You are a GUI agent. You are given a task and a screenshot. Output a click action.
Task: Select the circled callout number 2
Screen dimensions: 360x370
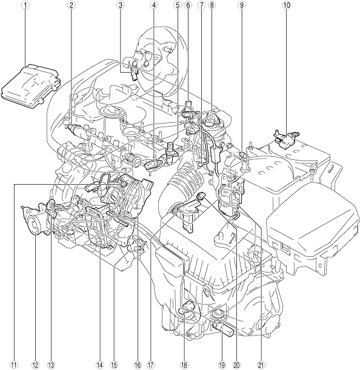[x=70, y=5]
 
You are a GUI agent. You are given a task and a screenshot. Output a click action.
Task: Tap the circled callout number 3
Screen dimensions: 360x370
[x=120, y=5]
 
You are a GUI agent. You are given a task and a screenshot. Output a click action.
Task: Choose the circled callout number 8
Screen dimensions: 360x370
[x=211, y=5]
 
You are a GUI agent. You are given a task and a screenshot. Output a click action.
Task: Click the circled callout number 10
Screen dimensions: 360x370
[x=286, y=5]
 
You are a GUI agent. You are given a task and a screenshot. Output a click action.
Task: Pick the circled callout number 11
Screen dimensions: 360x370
[x=15, y=365]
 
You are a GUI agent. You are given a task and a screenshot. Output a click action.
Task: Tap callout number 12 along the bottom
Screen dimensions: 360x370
[x=35, y=365]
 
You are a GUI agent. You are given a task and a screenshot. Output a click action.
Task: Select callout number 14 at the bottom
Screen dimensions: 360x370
[x=100, y=365]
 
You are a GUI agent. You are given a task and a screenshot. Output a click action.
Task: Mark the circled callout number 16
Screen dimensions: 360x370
[x=138, y=365]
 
